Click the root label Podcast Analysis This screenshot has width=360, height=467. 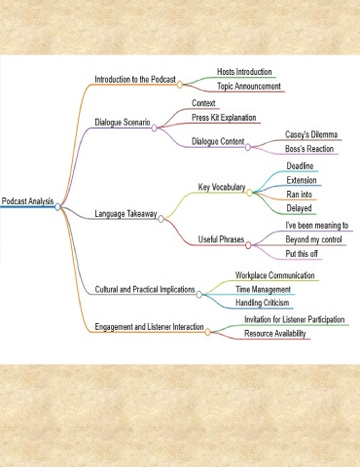coord(27,201)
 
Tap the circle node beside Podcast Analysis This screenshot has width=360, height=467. coord(57,206)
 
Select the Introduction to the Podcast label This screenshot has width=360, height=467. coord(135,80)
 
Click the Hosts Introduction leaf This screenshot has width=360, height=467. coord(244,72)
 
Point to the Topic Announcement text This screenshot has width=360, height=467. coord(249,87)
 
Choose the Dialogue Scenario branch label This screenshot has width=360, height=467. coord(123,123)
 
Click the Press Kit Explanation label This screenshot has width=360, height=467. coord(224,118)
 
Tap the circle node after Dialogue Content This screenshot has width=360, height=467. coord(248,147)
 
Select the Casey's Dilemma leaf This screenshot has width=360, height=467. coord(311,134)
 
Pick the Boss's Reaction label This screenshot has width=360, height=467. coord(309,149)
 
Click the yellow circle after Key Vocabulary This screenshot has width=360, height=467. coord(249,193)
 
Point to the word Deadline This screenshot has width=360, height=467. coord(300,166)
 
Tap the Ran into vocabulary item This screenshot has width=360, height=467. coord(299,195)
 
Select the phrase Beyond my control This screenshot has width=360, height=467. coord(313,239)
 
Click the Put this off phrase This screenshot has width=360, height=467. coord(302,254)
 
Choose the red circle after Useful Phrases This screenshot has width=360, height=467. coord(248,245)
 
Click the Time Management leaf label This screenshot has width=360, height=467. coord(263,289)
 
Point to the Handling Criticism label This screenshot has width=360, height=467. coord(262,303)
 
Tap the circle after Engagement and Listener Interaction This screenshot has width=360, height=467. coord(207,332)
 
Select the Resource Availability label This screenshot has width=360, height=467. coord(275,334)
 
